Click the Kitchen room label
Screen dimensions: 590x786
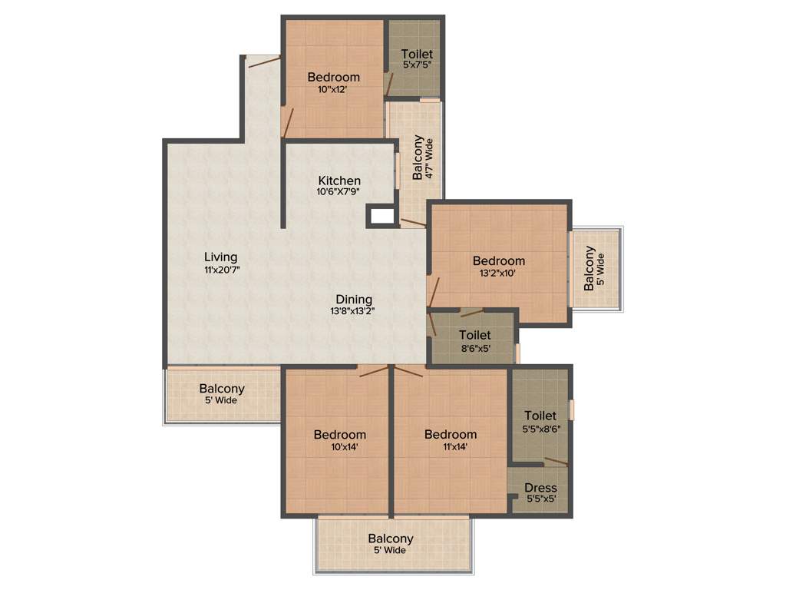[339, 181]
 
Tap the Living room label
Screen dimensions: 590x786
[220, 257]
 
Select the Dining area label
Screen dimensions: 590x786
[353, 299]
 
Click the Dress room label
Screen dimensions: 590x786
[540, 488]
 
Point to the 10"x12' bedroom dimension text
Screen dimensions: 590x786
[333, 89]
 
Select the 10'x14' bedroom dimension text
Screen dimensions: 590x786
[339, 446]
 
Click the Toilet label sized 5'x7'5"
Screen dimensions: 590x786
[417, 54]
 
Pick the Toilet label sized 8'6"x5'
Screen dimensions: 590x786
[474, 335]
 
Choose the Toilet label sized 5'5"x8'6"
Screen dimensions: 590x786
[540, 416]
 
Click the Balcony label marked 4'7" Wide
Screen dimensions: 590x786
[418, 158]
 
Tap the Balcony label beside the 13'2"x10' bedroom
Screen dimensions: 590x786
[589, 269]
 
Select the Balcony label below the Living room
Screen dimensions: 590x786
[222, 389]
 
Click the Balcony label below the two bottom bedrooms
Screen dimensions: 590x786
[390, 539]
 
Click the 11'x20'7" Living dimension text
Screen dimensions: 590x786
[220, 270]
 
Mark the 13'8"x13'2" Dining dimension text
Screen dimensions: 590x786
[353, 311]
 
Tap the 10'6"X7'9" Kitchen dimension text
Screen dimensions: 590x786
[339, 192]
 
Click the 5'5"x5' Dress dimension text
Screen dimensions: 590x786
[540, 499]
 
